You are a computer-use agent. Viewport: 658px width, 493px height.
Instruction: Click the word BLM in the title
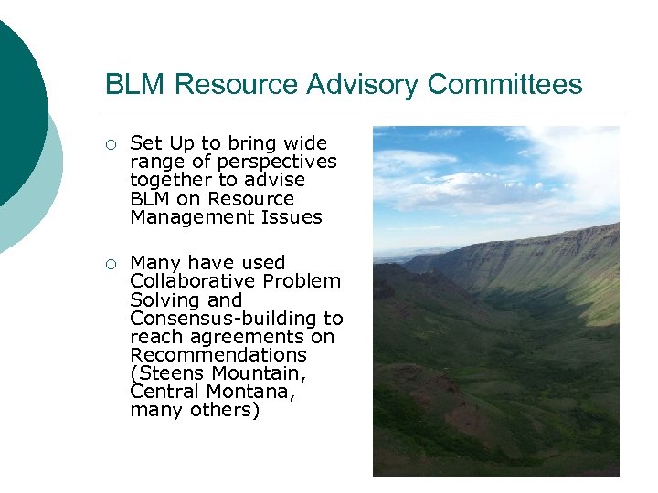click(x=135, y=84)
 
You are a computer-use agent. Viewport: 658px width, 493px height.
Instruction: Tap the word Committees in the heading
click(x=504, y=84)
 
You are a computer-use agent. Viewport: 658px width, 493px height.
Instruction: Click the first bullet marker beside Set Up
click(x=110, y=144)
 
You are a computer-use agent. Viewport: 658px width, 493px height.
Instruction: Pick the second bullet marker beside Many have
click(x=110, y=264)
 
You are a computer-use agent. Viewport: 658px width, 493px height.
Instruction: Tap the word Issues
click(x=290, y=217)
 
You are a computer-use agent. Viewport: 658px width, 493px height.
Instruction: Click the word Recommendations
click(x=218, y=355)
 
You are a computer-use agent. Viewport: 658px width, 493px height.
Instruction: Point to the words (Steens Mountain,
click(x=218, y=373)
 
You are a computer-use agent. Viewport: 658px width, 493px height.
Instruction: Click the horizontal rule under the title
click(x=366, y=110)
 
